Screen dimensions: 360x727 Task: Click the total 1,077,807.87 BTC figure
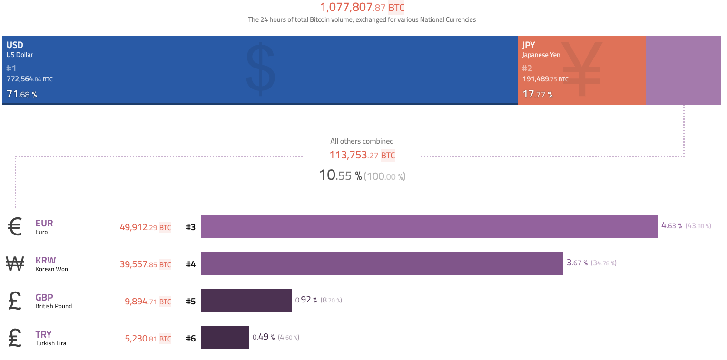(x=362, y=8)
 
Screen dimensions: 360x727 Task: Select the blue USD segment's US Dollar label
(x=20, y=55)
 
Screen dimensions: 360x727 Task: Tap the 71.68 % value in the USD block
(x=21, y=94)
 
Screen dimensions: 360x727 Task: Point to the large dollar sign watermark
(x=260, y=69)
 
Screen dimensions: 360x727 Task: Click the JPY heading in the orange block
(x=529, y=45)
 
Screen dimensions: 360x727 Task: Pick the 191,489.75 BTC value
(x=545, y=79)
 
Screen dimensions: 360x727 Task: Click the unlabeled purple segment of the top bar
(x=683, y=70)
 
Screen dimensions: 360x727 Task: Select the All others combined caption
(x=362, y=141)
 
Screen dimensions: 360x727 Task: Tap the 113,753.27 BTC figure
(x=362, y=155)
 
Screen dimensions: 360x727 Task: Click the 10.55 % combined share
(x=340, y=175)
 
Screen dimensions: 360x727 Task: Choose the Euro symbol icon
(x=15, y=227)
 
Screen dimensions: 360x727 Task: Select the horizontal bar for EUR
(x=429, y=226)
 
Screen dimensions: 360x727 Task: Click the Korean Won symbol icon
(x=15, y=264)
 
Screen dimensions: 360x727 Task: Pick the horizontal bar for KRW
(x=382, y=263)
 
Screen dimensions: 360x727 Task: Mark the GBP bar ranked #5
(x=246, y=301)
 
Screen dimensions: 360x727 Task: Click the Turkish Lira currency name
(x=51, y=343)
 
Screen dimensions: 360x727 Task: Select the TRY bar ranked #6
(x=225, y=338)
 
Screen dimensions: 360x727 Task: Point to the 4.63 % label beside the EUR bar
(x=672, y=225)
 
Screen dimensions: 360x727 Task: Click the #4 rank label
(x=190, y=264)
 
